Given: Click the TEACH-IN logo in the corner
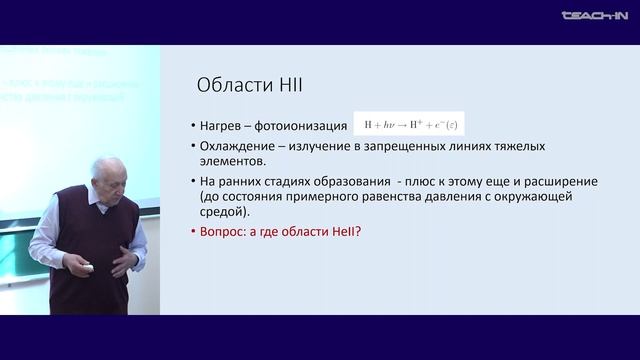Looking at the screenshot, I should pos(594,15).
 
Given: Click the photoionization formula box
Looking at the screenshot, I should pos(410,125).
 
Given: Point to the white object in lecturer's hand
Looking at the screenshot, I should pos(89,266).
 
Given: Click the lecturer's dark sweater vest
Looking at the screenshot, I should pos(100,270).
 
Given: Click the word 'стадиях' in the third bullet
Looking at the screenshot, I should pos(300,181).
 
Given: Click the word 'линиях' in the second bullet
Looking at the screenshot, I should pos(467,147).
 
